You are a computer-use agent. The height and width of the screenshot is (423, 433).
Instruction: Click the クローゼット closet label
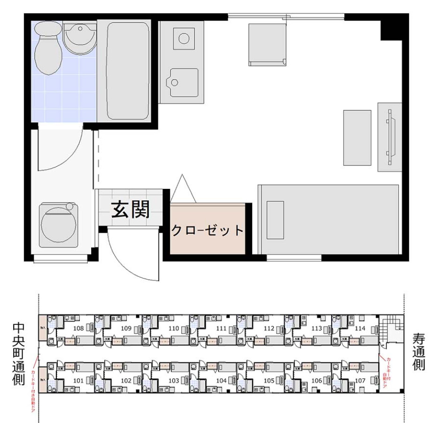pyautogui.click(x=207, y=231)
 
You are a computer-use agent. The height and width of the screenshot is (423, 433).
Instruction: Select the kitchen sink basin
pyautogui.click(x=184, y=83)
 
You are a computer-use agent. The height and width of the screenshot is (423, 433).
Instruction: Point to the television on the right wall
pyautogui.click(x=389, y=134)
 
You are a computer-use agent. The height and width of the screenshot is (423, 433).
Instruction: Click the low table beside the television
pyautogui.click(x=357, y=138)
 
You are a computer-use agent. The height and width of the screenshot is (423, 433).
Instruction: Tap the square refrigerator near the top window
pyautogui.click(x=267, y=44)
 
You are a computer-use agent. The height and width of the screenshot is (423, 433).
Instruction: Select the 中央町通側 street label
pyautogui.click(x=18, y=353)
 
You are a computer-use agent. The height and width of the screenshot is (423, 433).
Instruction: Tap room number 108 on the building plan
pyautogui.click(x=79, y=328)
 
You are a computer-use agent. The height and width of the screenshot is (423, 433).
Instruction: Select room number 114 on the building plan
pyautogui.click(x=360, y=328)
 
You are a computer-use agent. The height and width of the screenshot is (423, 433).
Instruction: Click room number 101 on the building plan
pyautogui.click(x=78, y=380)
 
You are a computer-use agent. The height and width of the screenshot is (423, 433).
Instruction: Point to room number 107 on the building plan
pyautogui.click(x=360, y=380)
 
